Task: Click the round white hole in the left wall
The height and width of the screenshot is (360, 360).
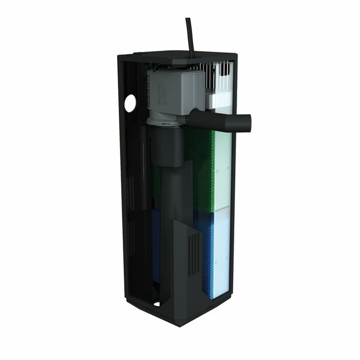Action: (x=130, y=103)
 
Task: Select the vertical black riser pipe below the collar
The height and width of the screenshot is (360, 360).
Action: (x=169, y=217)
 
